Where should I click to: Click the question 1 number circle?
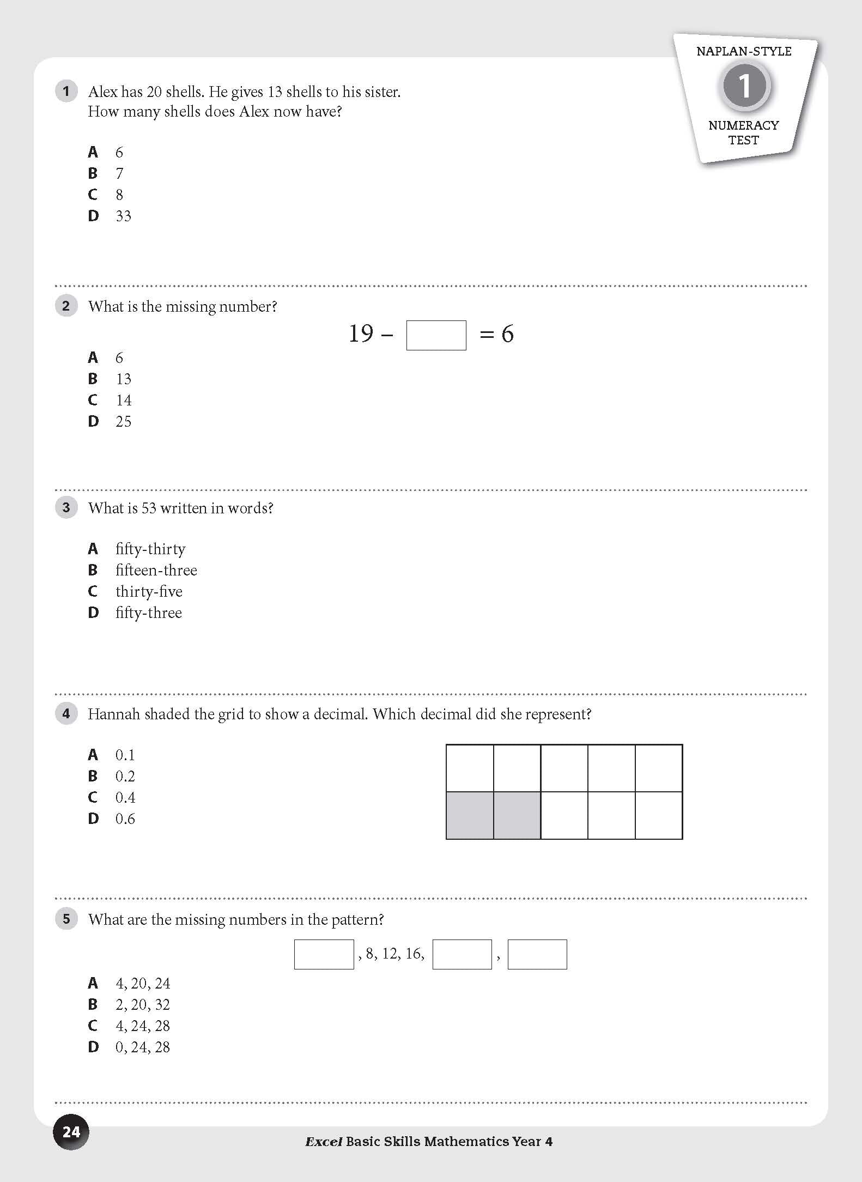[x=66, y=91]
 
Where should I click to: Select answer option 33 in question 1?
[x=123, y=216]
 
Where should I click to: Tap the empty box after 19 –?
[x=436, y=335]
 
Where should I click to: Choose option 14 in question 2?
[x=124, y=401]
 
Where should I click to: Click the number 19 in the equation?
[x=361, y=334]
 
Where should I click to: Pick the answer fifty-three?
[x=148, y=613]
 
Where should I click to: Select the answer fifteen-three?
[x=156, y=571]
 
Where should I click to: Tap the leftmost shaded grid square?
[x=470, y=815]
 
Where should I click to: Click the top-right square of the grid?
[x=659, y=768]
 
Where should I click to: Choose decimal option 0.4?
[x=125, y=798]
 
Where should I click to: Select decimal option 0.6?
[x=125, y=819]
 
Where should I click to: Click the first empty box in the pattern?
[x=324, y=954]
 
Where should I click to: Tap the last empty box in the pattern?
[x=537, y=954]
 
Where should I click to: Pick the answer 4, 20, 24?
[x=143, y=984]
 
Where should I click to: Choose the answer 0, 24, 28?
[x=143, y=1047]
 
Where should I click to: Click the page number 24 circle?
[x=71, y=1132]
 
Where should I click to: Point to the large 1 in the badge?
[x=744, y=86]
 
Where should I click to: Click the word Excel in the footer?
[x=323, y=1142]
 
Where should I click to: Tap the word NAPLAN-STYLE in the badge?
[x=744, y=51]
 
